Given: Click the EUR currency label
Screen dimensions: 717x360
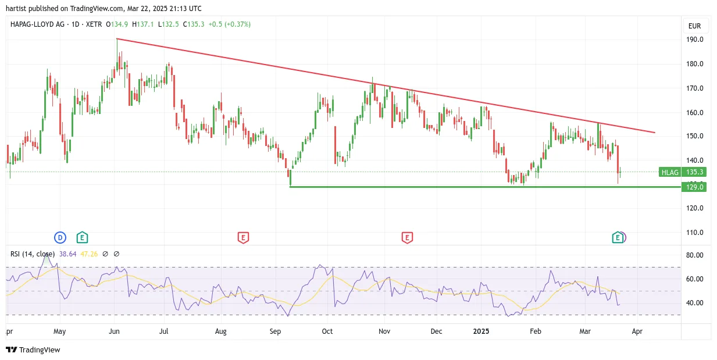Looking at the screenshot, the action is [694, 26].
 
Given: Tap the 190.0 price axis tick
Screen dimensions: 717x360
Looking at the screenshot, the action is [694, 40].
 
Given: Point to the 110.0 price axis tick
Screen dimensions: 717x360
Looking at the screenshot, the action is [694, 232].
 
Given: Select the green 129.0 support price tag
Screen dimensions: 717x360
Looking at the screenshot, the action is [694, 187].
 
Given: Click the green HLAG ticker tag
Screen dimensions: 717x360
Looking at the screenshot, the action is [670, 172].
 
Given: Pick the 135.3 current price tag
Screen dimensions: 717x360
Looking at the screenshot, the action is [694, 172].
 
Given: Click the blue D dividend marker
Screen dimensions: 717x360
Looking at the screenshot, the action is [60, 238].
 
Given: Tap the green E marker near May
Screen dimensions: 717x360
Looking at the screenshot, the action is [82, 237].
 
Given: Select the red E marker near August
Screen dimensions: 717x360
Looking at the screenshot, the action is [243, 238].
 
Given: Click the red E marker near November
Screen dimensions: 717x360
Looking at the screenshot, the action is [407, 238].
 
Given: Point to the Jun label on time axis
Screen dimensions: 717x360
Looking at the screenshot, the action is [114, 331].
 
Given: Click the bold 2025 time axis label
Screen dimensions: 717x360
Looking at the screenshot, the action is [481, 331].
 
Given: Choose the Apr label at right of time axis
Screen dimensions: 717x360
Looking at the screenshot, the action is [637, 331].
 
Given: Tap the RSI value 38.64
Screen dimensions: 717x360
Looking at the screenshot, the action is [68, 254].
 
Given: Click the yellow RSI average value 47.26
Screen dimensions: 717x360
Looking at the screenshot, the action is [89, 254].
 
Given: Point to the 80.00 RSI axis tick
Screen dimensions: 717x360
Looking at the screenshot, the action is [694, 255].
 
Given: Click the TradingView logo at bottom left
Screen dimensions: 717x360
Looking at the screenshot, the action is [33, 350].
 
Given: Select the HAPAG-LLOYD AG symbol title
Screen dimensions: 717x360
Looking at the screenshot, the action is [37, 24].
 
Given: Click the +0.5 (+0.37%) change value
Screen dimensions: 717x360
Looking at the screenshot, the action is [230, 24].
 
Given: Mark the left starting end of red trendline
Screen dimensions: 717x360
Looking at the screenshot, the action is [117, 39].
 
